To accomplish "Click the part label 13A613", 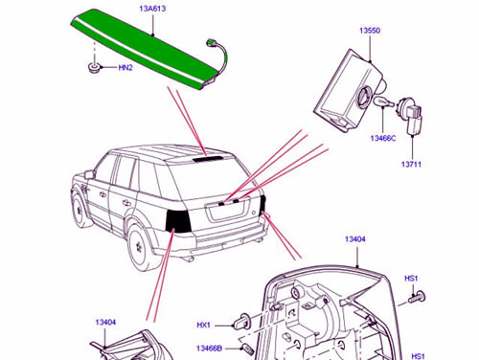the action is pyautogui.click(x=152, y=9).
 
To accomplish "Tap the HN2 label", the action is pyautogui.click(x=125, y=68).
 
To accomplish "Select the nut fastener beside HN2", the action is pyautogui.click(x=94, y=68).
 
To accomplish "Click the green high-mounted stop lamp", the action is pyautogui.click(x=144, y=48).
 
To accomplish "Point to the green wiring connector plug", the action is pyautogui.click(x=211, y=43).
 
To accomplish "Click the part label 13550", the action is pyautogui.click(x=370, y=31).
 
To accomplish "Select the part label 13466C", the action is pyautogui.click(x=383, y=138).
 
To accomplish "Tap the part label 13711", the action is pyautogui.click(x=411, y=165).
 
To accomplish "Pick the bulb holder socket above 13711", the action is pyautogui.click(x=410, y=116).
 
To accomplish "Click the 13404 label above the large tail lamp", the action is pyautogui.click(x=355, y=239).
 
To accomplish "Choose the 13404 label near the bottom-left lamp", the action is pyautogui.click(x=105, y=323).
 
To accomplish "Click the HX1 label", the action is pyautogui.click(x=203, y=326).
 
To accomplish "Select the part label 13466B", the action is pyautogui.click(x=209, y=349).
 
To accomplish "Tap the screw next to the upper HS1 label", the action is pyautogui.click(x=417, y=298).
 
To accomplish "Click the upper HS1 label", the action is pyautogui.click(x=411, y=279).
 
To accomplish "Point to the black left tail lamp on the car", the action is pyautogui.click(x=178, y=221).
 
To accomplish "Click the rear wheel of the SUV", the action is pyautogui.click(x=142, y=247).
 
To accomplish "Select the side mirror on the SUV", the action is pyautogui.click(x=89, y=174).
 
